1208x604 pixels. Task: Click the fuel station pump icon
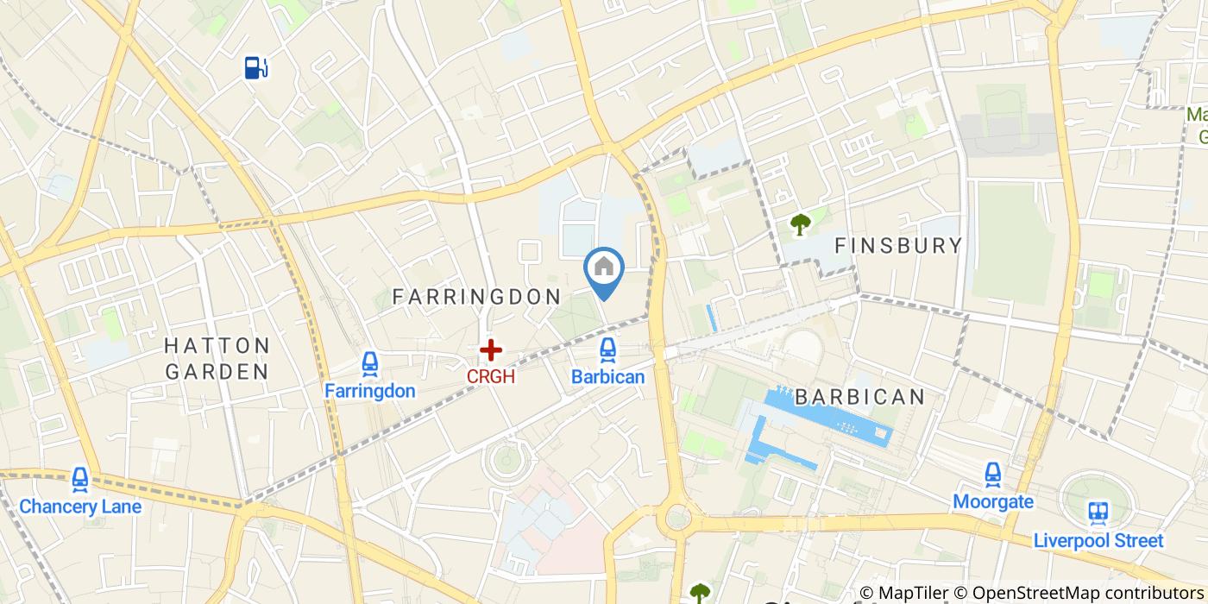click(256, 67)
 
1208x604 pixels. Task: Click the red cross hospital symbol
click(491, 349)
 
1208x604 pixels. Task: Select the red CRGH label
click(491, 377)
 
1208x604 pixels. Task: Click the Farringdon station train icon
click(370, 364)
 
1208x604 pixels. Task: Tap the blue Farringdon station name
click(370, 391)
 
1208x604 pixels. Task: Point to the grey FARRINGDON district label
click(476, 297)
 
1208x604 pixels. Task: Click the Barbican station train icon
click(607, 349)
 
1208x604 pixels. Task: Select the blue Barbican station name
click(607, 377)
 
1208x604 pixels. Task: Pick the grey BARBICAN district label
click(859, 397)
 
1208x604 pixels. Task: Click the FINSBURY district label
click(898, 246)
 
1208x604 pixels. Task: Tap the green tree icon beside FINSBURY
click(801, 224)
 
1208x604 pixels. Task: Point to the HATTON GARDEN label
click(217, 359)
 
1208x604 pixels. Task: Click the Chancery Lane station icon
click(80, 479)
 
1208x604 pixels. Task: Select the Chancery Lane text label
click(80, 506)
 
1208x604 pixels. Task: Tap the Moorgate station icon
click(993, 474)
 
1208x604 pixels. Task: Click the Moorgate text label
click(993, 501)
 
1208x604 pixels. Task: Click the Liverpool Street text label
click(1098, 541)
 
